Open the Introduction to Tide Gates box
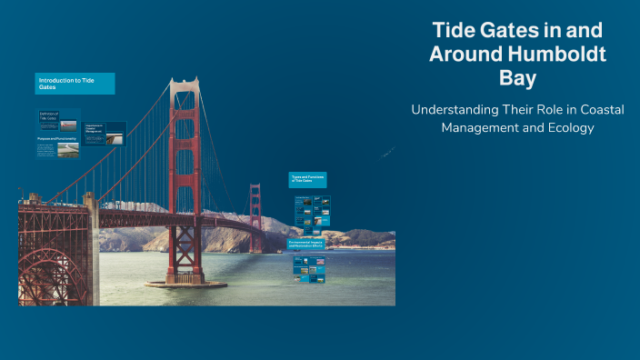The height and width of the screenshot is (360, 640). click(75, 84)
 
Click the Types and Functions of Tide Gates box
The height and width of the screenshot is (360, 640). click(307, 180)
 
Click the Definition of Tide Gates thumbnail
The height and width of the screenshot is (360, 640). click(48, 117)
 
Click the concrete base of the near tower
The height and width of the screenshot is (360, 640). click(185, 282)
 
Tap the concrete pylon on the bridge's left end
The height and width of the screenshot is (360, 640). click(90, 245)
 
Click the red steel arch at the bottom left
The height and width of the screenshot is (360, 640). click(50, 273)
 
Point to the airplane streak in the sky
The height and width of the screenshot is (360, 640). click(388, 154)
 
